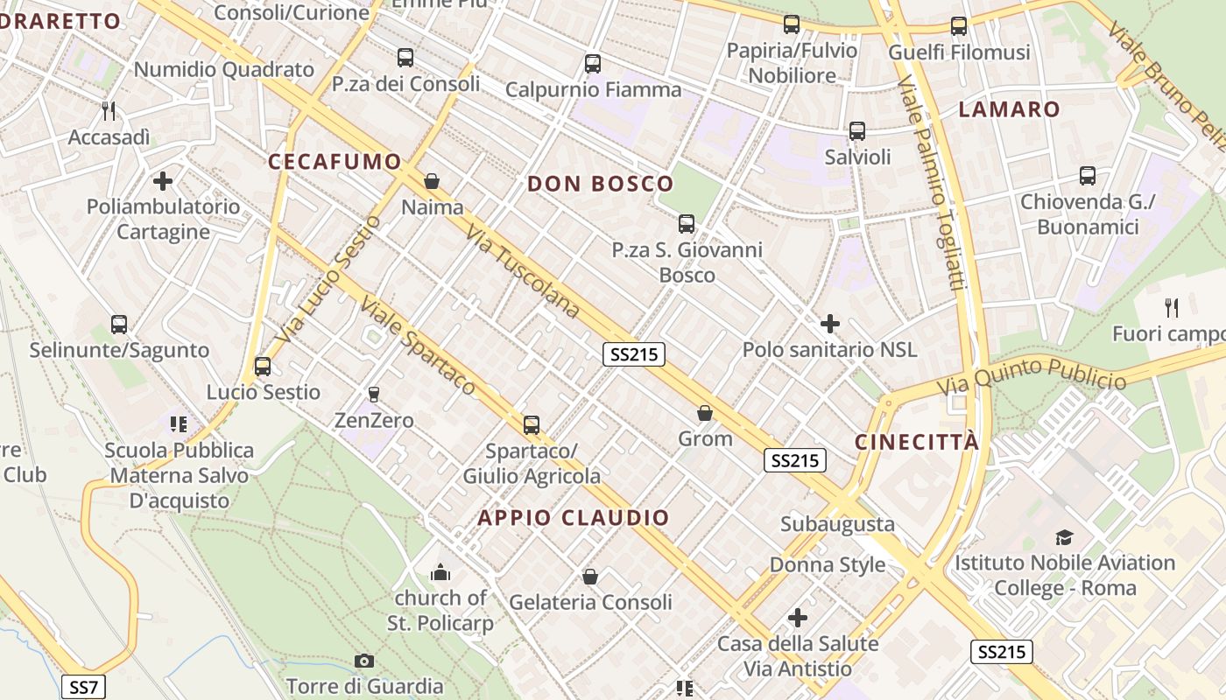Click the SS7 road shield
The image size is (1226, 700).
(84, 687)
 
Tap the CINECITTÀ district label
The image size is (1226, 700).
(917, 442)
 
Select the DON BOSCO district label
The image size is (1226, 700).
(600, 184)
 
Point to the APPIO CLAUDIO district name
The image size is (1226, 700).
(574, 517)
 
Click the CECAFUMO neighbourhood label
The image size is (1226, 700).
(335, 161)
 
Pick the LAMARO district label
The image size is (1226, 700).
(1009, 109)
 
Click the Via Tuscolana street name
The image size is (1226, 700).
(523, 270)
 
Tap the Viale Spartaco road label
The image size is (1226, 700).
(419, 346)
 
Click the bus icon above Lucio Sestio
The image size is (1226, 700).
(263, 367)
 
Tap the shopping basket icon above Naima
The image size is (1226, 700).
(432, 181)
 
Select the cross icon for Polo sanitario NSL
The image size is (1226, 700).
(829, 324)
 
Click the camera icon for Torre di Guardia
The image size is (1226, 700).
(364, 661)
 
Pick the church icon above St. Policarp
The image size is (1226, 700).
(440, 573)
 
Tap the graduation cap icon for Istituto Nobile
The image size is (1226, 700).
(1064, 537)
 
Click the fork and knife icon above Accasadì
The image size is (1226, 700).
(109, 111)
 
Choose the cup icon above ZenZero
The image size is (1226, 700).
(374, 395)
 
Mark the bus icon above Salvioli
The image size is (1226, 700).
(857, 131)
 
